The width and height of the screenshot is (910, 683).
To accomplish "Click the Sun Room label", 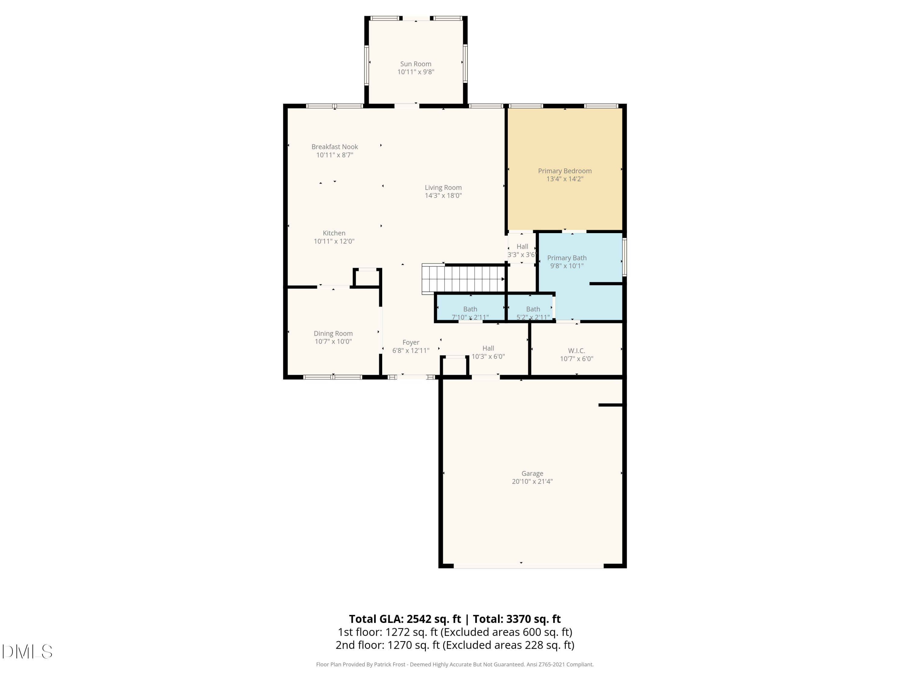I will [x=416, y=64].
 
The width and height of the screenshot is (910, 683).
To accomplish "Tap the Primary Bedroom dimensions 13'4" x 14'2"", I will [x=565, y=179].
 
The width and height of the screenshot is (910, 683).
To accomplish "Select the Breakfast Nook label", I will [x=335, y=147].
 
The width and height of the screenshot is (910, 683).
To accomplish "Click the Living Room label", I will [x=443, y=187].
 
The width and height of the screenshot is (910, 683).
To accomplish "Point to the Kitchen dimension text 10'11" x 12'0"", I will [x=334, y=241].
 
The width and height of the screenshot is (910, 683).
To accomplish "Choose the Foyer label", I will [x=411, y=342].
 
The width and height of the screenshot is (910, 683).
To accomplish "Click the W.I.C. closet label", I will [x=576, y=351].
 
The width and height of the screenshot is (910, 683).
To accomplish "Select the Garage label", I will [x=532, y=474].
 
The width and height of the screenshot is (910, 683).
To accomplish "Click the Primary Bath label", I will [x=567, y=258].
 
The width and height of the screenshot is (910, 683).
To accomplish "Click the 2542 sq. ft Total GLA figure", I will [x=433, y=619].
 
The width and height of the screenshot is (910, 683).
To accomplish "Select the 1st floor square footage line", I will [x=455, y=632].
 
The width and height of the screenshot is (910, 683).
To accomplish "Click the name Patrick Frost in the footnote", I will [x=389, y=664].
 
